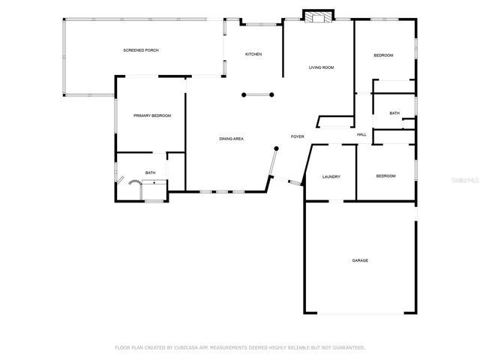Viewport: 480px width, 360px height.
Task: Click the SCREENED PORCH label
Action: [x=141, y=50]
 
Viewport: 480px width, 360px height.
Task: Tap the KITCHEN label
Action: [x=253, y=54]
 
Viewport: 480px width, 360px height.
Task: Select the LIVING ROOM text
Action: [x=321, y=68]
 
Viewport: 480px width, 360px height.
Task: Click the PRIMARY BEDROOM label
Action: [x=152, y=115]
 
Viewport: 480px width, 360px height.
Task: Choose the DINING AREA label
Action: [x=231, y=139]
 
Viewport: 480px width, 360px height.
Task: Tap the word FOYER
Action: [x=297, y=136]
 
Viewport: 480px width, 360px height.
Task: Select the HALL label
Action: [x=361, y=135]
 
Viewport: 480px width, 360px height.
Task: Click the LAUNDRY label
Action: [x=331, y=177]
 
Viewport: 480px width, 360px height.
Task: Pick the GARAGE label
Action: [x=360, y=260]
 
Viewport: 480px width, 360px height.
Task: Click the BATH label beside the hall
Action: [x=394, y=113]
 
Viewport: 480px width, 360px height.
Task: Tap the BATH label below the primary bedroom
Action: [x=150, y=173]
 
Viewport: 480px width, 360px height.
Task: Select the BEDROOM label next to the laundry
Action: [x=385, y=176]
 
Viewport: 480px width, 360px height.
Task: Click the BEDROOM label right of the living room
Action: [x=383, y=55]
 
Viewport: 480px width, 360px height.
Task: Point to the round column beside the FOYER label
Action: [x=276, y=149]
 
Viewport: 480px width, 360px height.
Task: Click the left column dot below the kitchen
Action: [x=244, y=94]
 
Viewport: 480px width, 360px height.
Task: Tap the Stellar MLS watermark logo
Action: [x=466, y=181]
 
